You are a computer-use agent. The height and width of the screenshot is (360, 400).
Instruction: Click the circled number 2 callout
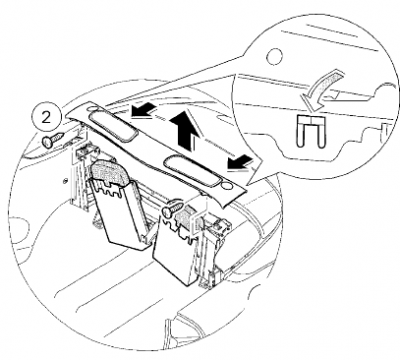coord(46,118)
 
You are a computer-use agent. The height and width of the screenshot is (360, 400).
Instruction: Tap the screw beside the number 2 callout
coord(53,140)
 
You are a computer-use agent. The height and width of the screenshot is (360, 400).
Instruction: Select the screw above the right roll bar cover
coord(172,209)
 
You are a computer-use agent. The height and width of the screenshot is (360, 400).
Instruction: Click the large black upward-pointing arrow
coord(185,131)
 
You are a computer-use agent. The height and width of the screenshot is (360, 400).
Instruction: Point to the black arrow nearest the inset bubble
coord(240,163)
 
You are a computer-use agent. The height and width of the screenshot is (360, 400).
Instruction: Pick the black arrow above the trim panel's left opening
coord(144,111)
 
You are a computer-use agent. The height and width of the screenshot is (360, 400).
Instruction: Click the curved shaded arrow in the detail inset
coord(322,89)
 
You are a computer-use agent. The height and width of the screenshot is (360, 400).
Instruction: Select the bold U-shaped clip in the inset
coord(310,131)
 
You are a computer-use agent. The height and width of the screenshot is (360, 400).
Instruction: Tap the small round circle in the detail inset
coord(275,55)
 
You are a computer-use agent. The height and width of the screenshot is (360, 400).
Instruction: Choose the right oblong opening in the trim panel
coord(191,171)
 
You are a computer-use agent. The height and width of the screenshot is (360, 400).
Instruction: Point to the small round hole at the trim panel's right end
coord(227,185)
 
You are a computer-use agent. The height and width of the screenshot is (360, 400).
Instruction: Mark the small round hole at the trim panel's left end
coord(92,108)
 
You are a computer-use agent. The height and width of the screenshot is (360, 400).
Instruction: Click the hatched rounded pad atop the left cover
coord(110,172)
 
